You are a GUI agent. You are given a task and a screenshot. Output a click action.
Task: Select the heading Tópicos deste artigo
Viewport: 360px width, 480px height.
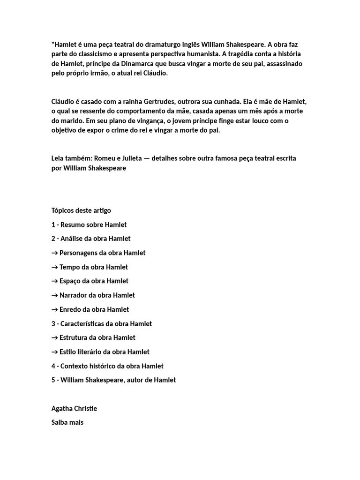click(81, 210)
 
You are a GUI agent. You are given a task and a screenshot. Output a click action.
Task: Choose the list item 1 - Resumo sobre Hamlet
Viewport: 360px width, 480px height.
click(89, 225)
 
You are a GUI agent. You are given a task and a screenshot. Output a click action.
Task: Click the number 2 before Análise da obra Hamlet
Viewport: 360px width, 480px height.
click(53, 239)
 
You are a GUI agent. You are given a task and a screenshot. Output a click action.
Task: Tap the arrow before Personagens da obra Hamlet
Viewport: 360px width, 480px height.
click(54, 253)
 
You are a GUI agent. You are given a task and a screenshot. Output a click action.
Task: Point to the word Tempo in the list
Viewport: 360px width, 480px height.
click(69, 267)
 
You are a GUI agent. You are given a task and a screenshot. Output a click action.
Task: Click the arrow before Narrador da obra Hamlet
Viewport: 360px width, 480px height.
click(54, 295)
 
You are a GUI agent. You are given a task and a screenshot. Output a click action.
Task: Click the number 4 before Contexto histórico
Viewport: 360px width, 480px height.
click(53, 366)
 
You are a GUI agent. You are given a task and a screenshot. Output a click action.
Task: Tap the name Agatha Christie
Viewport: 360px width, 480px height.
click(74, 408)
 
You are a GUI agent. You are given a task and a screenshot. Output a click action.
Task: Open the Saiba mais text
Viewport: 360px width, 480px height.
click(67, 422)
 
